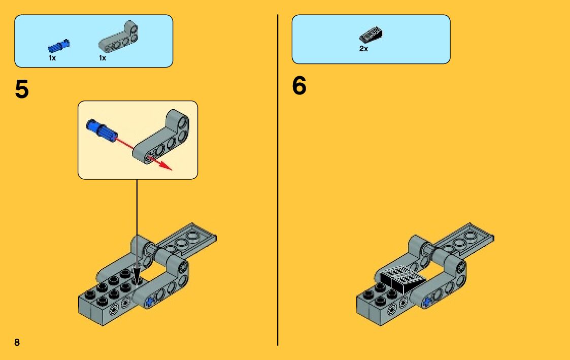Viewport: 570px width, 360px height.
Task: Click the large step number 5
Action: pyautogui.click(x=22, y=90)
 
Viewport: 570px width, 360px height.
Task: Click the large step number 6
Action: pyautogui.click(x=299, y=86)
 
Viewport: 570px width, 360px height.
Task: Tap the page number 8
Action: pyautogui.click(x=17, y=342)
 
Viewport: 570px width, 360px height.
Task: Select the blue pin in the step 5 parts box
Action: pyautogui.click(x=59, y=46)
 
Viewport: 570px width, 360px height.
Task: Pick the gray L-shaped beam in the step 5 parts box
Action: pyautogui.click(x=118, y=38)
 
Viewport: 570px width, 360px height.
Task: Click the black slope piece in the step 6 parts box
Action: pyautogui.click(x=371, y=35)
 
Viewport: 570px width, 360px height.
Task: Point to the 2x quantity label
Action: pyautogui.click(x=363, y=49)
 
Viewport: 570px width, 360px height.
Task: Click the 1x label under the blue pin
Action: pyautogui.click(x=52, y=58)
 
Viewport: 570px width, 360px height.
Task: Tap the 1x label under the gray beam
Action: pyautogui.click(x=103, y=58)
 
